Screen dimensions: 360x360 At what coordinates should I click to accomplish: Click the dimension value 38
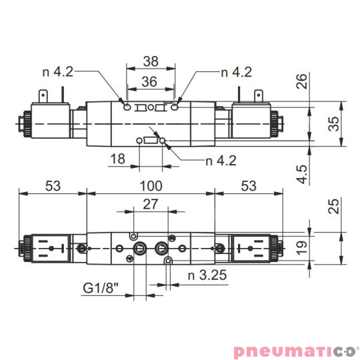(151, 61)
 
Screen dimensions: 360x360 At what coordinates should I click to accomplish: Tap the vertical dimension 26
(302, 81)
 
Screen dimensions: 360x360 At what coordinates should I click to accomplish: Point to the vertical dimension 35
(335, 123)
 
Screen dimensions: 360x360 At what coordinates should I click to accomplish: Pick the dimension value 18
(118, 159)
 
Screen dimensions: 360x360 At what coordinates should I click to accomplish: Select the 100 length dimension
(151, 185)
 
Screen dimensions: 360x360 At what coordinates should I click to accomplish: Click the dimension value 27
(151, 205)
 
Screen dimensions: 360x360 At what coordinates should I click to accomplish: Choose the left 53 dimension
(53, 185)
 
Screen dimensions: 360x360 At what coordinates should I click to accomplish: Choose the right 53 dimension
(248, 185)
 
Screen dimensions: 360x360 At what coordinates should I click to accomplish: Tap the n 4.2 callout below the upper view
(221, 160)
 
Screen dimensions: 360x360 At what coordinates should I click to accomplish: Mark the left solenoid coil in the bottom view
(51, 249)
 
